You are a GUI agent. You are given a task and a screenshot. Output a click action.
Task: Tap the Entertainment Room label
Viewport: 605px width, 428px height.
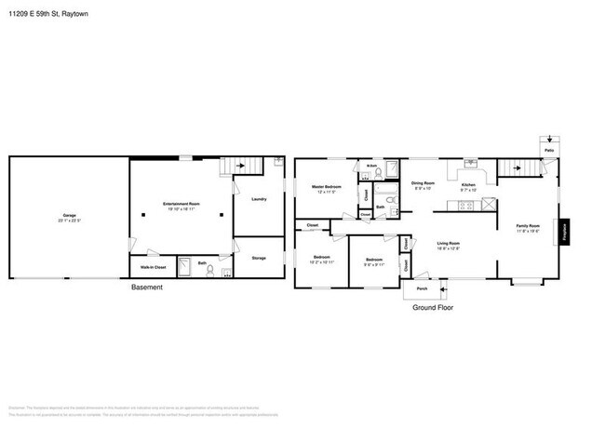pyautogui.click(x=181, y=205)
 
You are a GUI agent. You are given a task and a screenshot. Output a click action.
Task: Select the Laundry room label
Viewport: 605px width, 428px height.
pyautogui.click(x=260, y=198)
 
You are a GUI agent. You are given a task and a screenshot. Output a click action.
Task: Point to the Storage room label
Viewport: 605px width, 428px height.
pyautogui.click(x=259, y=258)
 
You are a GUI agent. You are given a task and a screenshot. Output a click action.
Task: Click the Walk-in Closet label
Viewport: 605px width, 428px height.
pyautogui.click(x=154, y=267)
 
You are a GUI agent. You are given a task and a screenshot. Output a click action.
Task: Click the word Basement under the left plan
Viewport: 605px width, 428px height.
pyautogui.click(x=145, y=288)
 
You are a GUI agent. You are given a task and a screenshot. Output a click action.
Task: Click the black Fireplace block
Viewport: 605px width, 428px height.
pyautogui.click(x=563, y=231)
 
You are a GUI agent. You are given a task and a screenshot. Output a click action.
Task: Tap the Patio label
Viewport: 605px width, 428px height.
pyautogui.click(x=550, y=152)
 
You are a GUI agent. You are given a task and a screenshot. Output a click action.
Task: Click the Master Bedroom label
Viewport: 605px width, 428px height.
pyautogui.click(x=326, y=189)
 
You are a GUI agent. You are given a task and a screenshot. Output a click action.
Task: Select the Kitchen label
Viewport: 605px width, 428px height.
pyautogui.click(x=470, y=185)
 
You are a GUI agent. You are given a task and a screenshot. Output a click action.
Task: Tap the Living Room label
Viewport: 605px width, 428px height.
pyautogui.click(x=449, y=245)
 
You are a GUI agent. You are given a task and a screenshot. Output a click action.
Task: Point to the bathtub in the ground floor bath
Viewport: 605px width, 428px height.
pyautogui.click(x=392, y=170)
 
